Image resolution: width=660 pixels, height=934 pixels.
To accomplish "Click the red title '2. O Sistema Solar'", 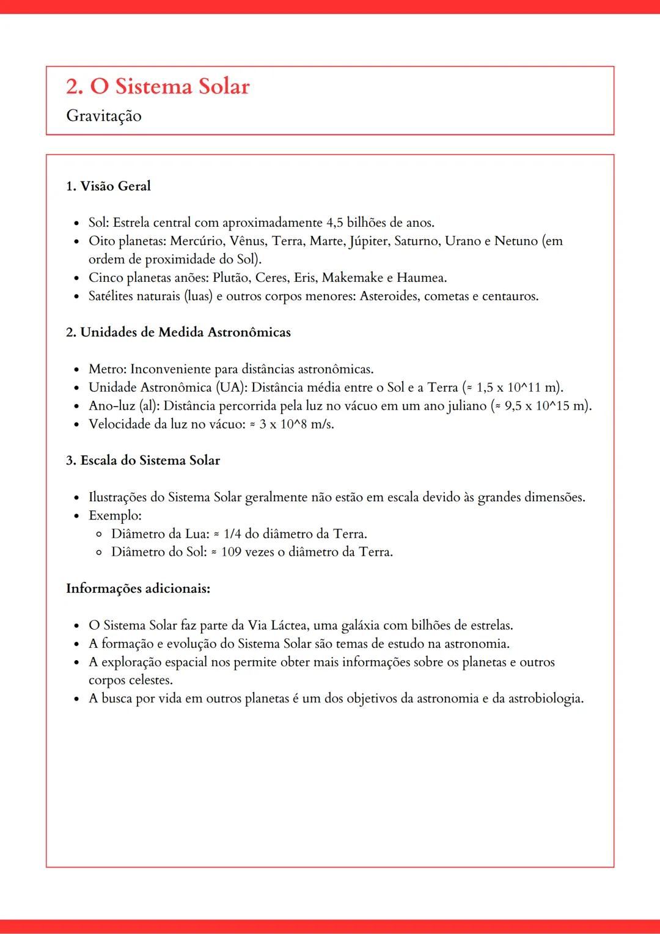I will (158, 86).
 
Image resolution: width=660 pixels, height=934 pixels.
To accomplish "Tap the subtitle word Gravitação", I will (104, 116).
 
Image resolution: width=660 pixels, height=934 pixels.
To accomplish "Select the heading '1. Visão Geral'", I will (108, 186).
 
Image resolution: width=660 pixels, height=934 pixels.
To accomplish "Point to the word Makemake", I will (353, 278).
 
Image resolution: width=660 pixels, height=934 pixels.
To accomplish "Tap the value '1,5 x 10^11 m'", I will (517, 388).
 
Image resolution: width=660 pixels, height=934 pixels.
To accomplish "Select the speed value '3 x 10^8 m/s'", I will (296, 424).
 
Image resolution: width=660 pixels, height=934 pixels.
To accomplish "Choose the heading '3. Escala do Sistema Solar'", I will (143, 460).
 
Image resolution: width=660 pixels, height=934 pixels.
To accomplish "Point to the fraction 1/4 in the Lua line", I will (232, 534).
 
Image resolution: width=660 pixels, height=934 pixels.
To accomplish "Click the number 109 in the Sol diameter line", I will (231, 552).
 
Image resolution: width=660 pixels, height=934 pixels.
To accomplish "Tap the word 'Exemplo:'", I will (115, 515).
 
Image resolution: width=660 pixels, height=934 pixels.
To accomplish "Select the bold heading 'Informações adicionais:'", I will (138, 589).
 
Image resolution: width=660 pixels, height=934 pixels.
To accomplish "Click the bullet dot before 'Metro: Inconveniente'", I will (76, 370).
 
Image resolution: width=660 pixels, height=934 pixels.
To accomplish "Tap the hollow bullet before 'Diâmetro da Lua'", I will (99, 534).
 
